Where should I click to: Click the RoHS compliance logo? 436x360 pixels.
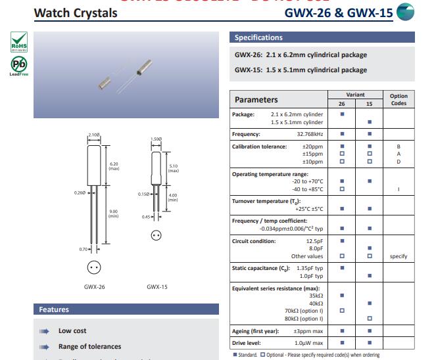20,41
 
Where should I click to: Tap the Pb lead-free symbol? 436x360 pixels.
20,65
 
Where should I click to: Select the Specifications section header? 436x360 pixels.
258,37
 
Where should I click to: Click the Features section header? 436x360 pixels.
54,309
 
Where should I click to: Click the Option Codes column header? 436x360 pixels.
399,99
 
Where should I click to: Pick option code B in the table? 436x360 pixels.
399,146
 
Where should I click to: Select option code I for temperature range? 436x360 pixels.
399,189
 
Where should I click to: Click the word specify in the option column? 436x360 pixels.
399,256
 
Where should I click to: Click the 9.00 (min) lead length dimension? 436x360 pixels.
114,213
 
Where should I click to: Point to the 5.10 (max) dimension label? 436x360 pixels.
173,168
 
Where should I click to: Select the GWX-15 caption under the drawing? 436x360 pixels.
157,287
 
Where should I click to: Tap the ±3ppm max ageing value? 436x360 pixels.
308,331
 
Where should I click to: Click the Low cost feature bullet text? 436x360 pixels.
72,331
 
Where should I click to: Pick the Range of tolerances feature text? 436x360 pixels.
89,347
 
